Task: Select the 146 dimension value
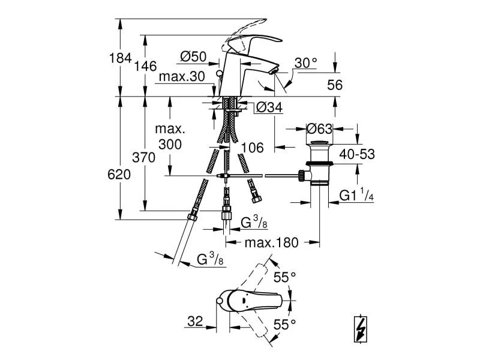click(x=145, y=66)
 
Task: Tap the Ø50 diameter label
click(x=193, y=56)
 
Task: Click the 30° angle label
click(x=305, y=63)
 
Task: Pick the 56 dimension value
click(x=335, y=85)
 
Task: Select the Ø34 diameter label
click(x=269, y=107)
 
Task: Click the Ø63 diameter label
click(x=319, y=128)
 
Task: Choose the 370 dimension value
click(x=145, y=158)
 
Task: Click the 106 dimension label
click(x=252, y=148)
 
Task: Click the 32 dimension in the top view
click(x=194, y=322)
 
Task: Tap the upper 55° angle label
click(x=285, y=277)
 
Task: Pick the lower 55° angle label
click(x=285, y=325)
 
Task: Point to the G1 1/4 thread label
click(x=356, y=196)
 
